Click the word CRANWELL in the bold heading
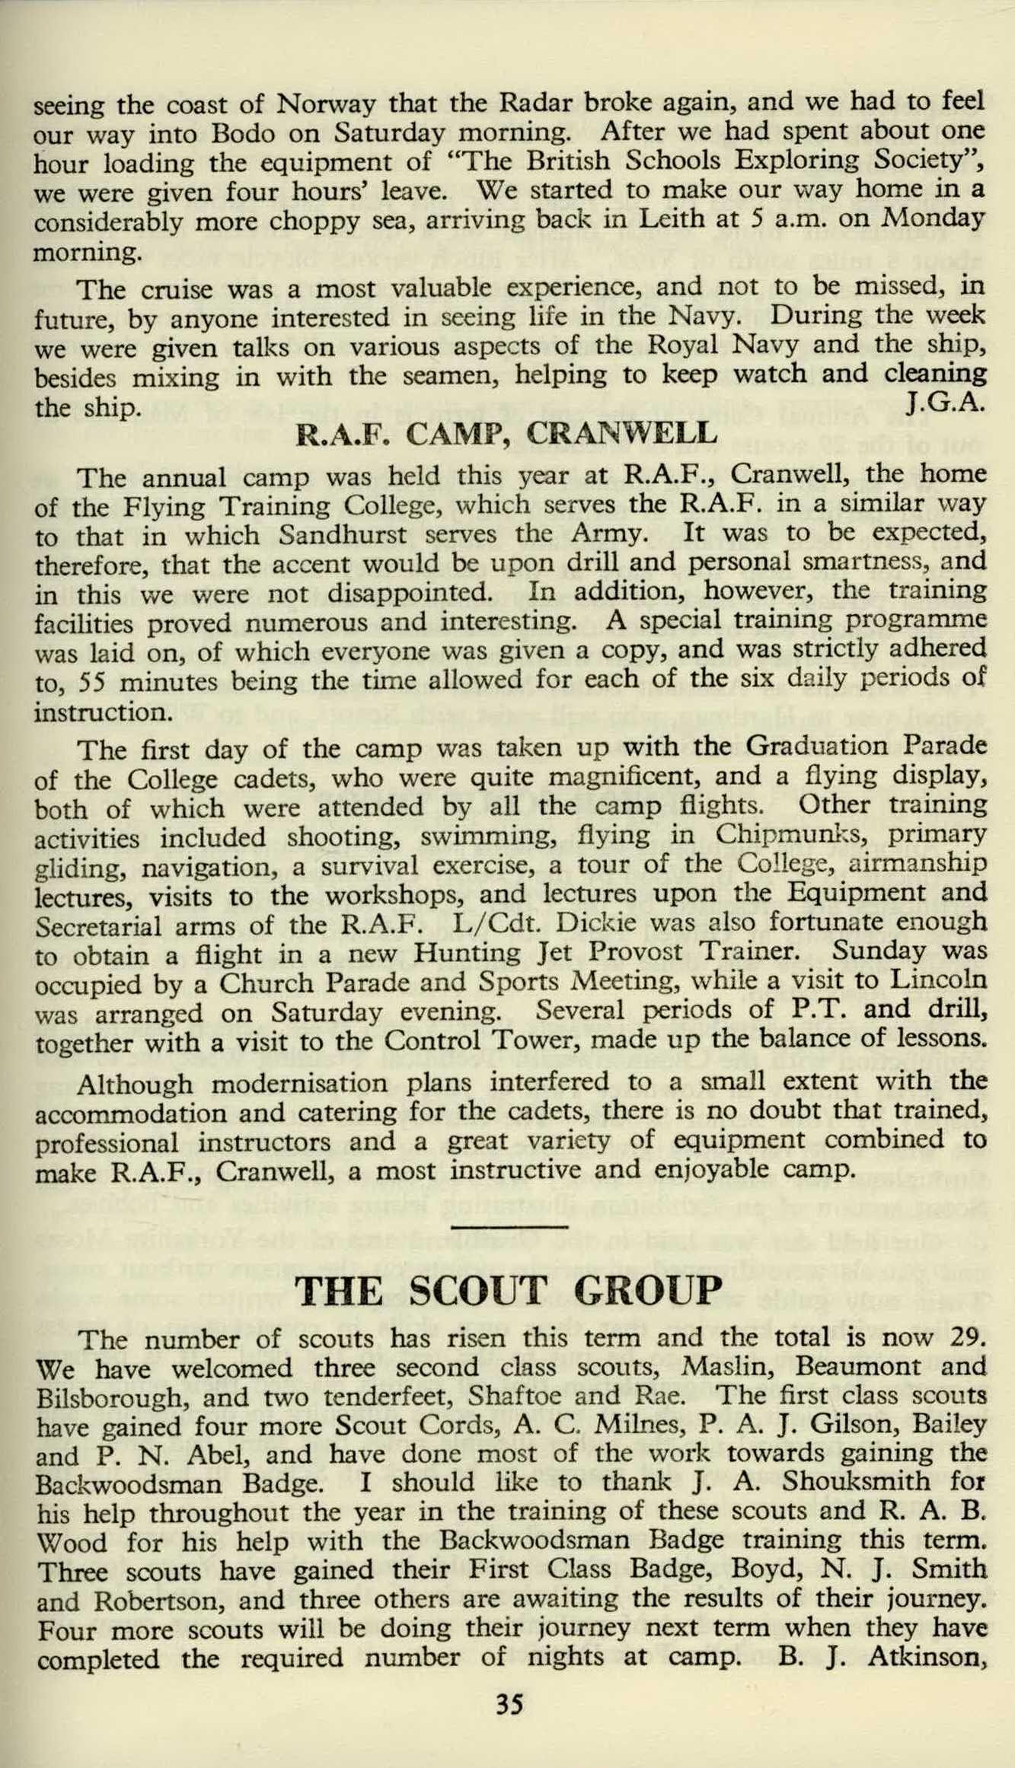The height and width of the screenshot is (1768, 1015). coord(622,434)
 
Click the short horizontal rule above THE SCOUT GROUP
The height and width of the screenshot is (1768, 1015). coord(509,1226)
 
